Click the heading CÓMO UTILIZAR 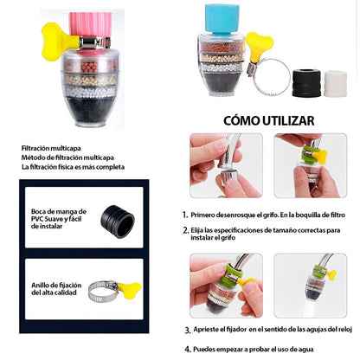pyautogui.click(x=269, y=120)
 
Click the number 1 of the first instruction pyautogui.click(x=184, y=214)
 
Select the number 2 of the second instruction pyautogui.click(x=184, y=230)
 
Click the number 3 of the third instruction pyautogui.click(x=187, y=330)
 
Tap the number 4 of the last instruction pyautogui.click(x=187, y=348)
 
